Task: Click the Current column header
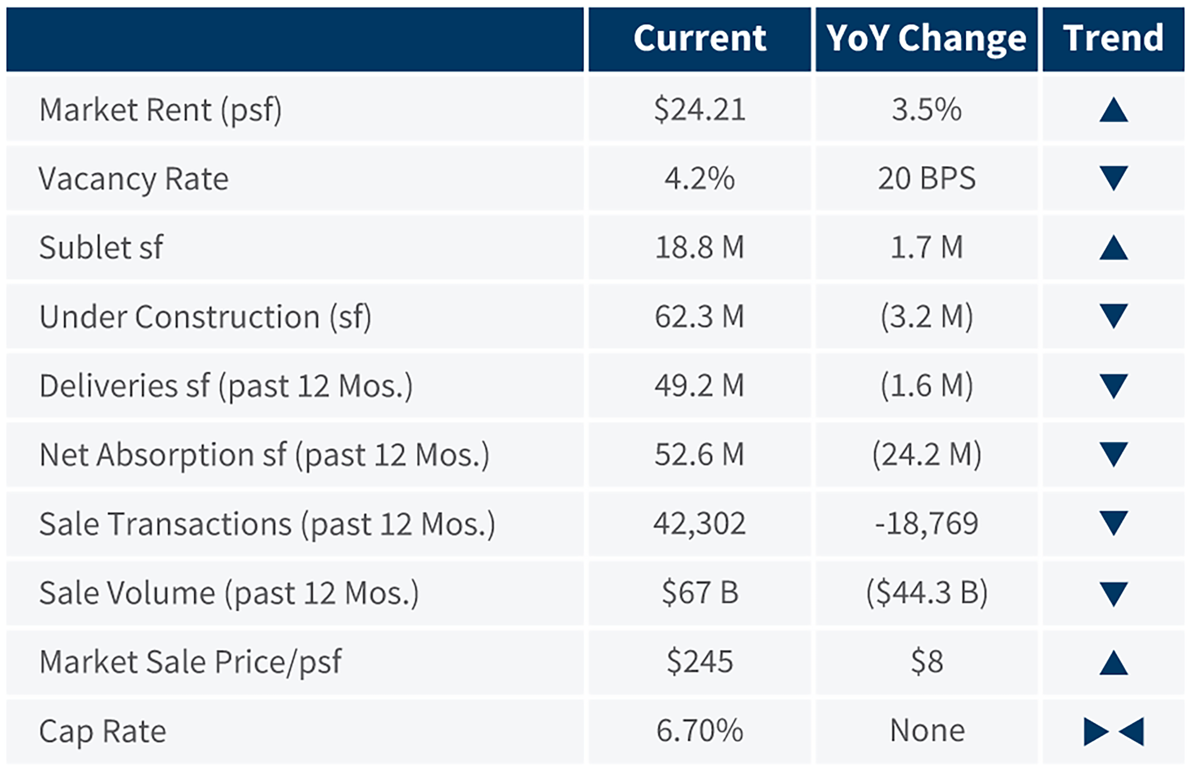(699, 39)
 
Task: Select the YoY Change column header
(926, 39)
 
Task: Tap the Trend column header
(1113, 39)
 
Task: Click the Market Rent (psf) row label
(160, 110)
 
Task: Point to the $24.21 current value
(699, 110)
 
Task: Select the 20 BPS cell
(926, 179)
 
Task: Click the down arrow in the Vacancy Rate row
(1113, 179)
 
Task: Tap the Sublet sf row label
(101, 248)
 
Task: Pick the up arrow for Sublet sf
(1113, 248)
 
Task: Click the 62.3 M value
(699, 317)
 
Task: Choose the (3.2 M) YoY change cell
(926, 317)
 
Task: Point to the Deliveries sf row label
(226, 386)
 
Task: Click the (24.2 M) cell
(926, 455)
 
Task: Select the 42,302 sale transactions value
(699, 524)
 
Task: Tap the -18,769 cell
(926, 524)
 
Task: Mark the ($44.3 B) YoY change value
(926, 593)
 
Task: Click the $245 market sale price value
(699, 662)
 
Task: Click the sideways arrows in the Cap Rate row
(1113, 732)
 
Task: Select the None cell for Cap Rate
(926, 731)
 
